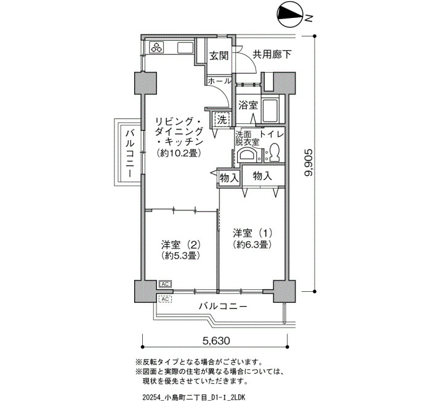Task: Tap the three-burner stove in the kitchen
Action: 157,47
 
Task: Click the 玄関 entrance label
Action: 219,56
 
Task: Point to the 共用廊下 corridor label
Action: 272,54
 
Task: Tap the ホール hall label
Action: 220,81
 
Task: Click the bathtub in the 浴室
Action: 270,110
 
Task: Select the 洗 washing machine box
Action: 222,120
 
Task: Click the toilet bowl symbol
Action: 275,152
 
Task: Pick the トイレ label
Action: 272,134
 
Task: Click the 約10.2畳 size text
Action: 177,153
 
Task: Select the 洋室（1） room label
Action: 252,233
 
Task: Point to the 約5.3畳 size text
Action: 180,255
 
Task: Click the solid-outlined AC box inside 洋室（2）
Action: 165,284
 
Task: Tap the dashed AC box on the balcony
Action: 165,299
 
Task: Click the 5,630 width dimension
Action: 216,341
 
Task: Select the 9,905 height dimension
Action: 308,162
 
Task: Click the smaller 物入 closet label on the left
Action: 229,178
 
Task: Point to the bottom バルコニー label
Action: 224,306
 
